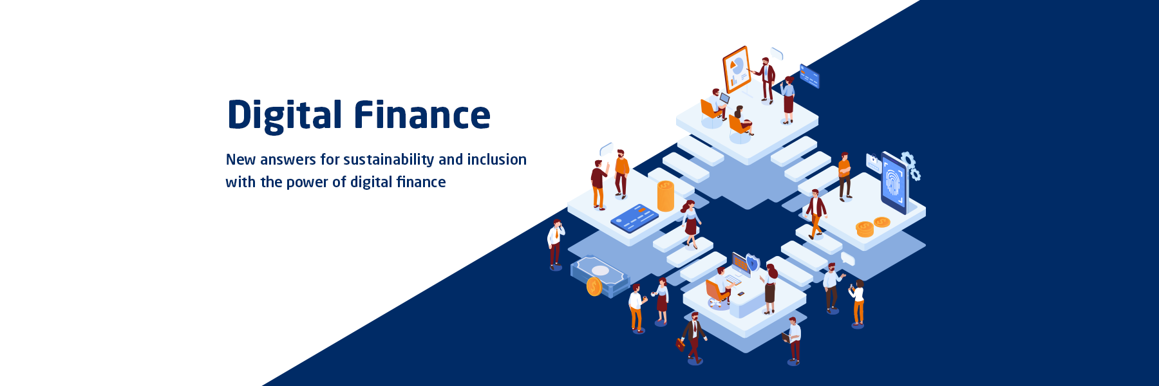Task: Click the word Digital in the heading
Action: pos(285,116)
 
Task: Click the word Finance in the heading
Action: pos(422,115)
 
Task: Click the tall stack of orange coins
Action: pos(666,196)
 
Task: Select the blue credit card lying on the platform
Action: pos(634,218)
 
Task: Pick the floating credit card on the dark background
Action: pos(809,76)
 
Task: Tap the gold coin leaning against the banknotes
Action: pos(594,287)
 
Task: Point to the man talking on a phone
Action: pos(555,244)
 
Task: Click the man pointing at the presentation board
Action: pos(766,80)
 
